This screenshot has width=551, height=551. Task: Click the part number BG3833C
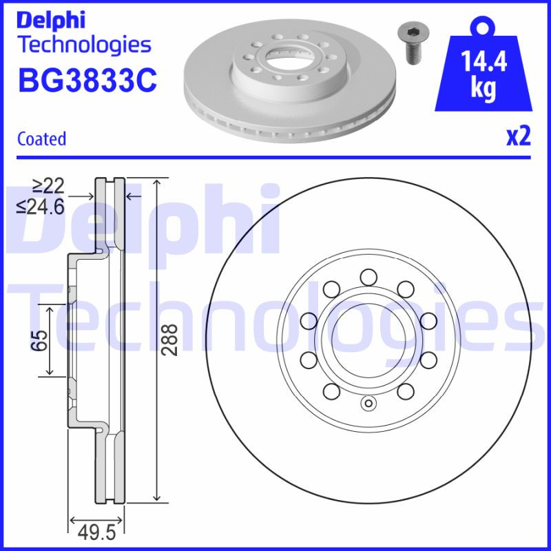point(87,80)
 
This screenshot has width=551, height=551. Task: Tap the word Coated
point(41,138)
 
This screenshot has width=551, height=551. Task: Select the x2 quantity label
point(519,137)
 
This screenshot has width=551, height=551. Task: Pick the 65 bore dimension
point(41,340)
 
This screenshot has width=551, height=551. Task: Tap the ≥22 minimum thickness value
point(48,185)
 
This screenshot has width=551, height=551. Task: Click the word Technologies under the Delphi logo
point(83,45)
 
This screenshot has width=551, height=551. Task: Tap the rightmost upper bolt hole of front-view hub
point(428,320)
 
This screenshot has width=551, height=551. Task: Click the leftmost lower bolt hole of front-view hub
point(309,360)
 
